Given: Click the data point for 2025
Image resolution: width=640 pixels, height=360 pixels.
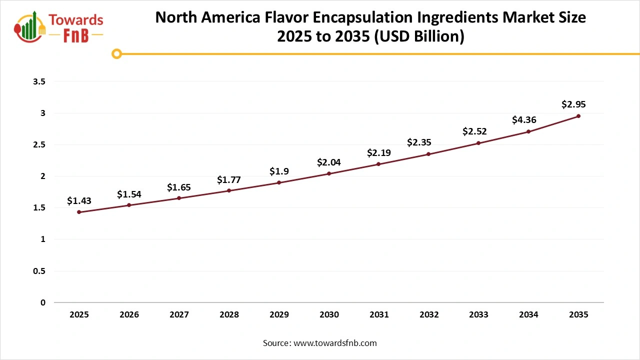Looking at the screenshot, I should click(x=79, y=212).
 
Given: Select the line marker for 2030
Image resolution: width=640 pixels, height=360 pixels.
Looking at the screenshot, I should click(x=329, y=173).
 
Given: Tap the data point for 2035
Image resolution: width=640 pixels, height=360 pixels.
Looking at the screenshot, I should click(x=578, y=116).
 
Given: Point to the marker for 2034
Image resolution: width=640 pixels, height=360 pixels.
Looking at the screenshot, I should click(x=528, y=131).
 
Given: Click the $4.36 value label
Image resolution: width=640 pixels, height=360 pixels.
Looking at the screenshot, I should click(x=524, y=120).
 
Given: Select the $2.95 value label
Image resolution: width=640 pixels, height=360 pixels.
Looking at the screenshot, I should click(x=573, y=104).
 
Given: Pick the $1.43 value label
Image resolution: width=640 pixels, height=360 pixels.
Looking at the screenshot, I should click(x=79, y=201).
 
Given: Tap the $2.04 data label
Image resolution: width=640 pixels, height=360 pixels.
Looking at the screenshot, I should click(x=329, y=162).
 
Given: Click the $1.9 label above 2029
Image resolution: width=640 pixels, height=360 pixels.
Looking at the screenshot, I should click(x=279, y=171).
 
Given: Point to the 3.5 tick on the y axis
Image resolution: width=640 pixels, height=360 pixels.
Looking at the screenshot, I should click(x=39, y=81).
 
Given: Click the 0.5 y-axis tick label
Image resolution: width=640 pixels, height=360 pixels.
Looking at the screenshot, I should click(x=39, y=271).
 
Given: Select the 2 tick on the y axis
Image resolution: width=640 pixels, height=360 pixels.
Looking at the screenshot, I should click(x=43, y=176).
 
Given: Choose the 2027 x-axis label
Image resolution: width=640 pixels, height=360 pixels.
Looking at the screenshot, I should click(x=179, y=315).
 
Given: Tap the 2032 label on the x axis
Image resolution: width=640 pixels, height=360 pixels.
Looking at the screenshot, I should click(x=429, y=315).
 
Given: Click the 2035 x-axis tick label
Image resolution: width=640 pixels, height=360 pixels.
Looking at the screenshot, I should click(x=578, y=315).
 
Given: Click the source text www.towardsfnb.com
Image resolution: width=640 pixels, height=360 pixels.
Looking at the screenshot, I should click(x=334, y=343).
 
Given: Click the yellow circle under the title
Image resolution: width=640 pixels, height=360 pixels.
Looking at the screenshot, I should click(x=116, y=53).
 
